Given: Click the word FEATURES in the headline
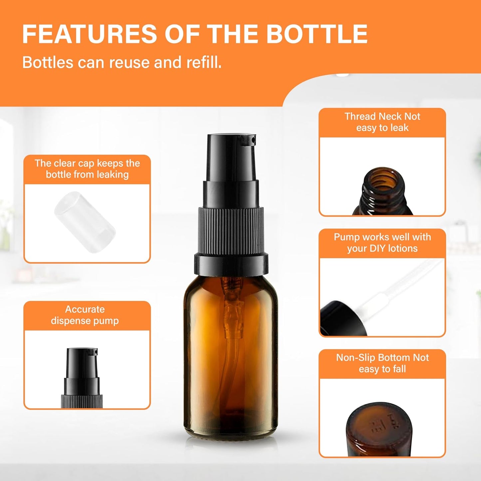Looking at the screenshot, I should point(89,34).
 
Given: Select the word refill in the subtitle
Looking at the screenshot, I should point(203,63).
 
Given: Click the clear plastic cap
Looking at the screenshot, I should point(85,222).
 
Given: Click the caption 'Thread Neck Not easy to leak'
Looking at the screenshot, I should point(382,122).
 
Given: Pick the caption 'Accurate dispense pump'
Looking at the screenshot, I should point(85,315).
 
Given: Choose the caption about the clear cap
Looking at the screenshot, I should point(87,169).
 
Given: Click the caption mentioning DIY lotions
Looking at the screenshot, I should point(382,243).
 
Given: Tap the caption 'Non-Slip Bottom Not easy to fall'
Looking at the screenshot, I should point(382,363).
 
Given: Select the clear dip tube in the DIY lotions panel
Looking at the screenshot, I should point(399,286).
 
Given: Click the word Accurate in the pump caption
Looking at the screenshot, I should point(85,309).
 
